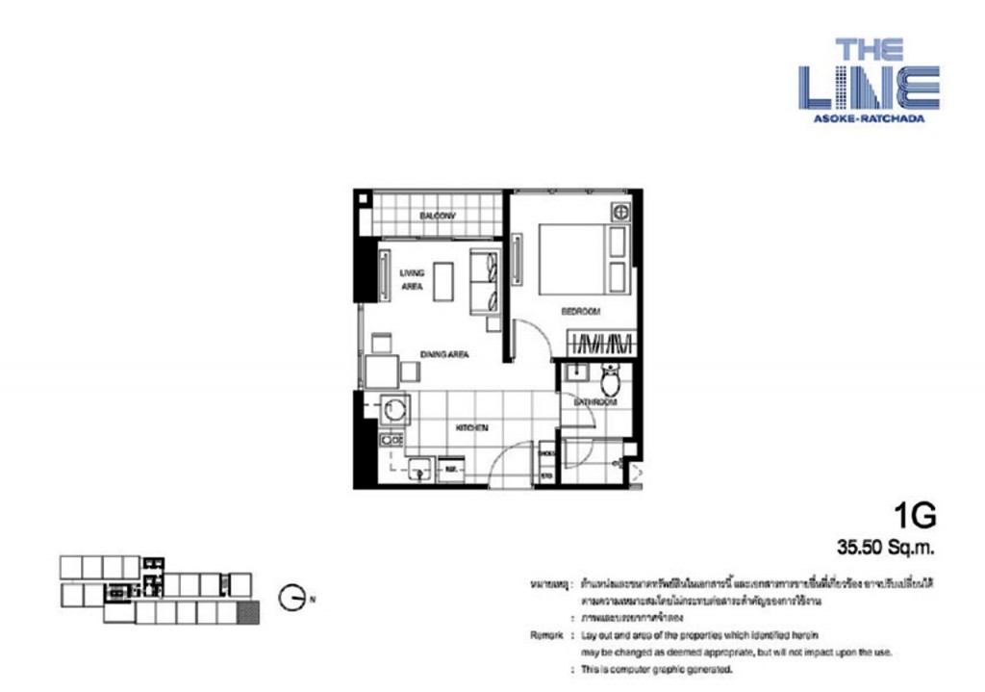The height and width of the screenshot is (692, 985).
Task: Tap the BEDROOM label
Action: pos(581,311)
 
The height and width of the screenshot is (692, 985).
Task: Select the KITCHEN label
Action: pos(471,427)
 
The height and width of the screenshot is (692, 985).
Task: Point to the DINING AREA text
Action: pos(443,355)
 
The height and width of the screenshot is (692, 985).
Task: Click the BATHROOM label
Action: pos(596,401)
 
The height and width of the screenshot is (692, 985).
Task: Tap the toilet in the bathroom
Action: pos(610,380)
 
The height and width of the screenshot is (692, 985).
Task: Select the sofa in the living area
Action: pos(485,280)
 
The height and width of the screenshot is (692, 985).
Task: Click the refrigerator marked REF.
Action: pos(450,470)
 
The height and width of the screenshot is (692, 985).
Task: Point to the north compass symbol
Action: pos(292,599)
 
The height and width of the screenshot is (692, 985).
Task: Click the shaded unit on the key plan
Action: pos(250,613)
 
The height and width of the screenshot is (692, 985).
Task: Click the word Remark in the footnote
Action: pos(546,636)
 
